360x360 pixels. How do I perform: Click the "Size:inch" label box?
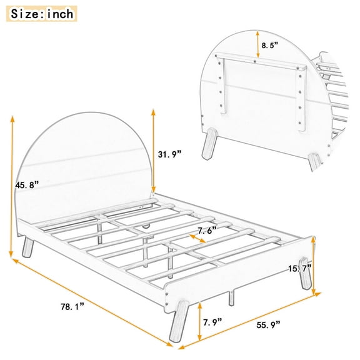[41, 13]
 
